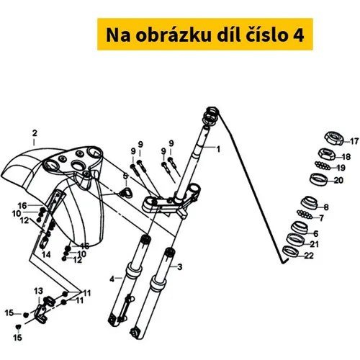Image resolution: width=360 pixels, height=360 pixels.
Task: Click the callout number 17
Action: click(x=354, y=141)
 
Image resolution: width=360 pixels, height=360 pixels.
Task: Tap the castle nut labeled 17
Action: click(x=333, y=138)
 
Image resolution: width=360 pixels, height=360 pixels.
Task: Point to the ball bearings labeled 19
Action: click(x=323, y=165)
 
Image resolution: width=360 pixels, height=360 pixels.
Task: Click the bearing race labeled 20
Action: click(x=319, y=179)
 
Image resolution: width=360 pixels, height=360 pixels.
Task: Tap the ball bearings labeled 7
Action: click(x=305, y=214)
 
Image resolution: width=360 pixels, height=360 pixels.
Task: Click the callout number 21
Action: click(x=314, y=244)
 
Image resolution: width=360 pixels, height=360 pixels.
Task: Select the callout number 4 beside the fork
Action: click(x=112, y=279)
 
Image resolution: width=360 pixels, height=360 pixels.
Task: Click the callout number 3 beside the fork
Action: click(x=179, y=267)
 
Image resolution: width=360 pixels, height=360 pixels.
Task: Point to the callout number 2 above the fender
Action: click(x=35, y=133)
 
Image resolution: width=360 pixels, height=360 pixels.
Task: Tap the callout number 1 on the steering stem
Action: click(x=218, y=149)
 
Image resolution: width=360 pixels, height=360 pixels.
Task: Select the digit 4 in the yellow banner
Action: click(x=299, y=35)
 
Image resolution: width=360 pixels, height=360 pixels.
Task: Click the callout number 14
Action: click(x=46, y=254)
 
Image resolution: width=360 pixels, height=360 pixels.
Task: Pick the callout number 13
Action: click(x=38, y=291)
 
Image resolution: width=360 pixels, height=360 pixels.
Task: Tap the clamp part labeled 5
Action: click(x=127, y=193)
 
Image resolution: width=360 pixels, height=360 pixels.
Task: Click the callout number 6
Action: click(x=316, y=233)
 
